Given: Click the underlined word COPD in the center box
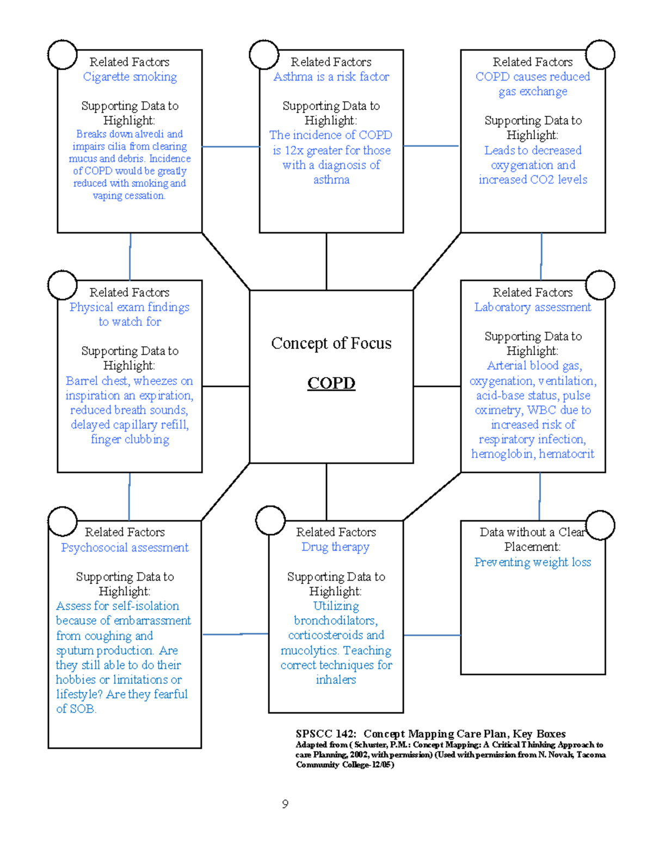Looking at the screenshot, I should [331, 383].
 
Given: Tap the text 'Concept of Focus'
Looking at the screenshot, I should [331, 343].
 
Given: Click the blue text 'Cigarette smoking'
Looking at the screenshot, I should [130, 77].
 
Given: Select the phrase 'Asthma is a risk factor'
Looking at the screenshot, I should [331, 77].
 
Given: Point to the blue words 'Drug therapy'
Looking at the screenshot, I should [335, 547].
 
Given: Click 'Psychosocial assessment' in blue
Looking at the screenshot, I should [125, 547].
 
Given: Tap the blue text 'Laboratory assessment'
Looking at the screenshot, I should [532, 307].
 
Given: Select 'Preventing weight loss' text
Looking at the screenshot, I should [532, 562].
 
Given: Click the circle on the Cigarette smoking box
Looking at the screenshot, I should [62, 54].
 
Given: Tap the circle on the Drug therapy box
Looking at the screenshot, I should [270, 520].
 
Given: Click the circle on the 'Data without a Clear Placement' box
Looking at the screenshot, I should [600, 525].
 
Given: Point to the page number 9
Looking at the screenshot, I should [285, 804].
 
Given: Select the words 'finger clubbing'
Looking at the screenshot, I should [130, 439].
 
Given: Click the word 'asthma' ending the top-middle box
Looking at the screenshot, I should [331, 180].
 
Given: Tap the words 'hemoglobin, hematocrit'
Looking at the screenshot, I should [532, 454].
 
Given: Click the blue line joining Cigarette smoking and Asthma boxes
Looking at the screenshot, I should [231, 146].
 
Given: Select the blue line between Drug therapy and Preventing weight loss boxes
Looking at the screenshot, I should [432, 635].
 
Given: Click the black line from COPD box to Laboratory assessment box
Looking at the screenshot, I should [436, 386].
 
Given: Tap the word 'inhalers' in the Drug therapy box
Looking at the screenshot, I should [336, 680].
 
